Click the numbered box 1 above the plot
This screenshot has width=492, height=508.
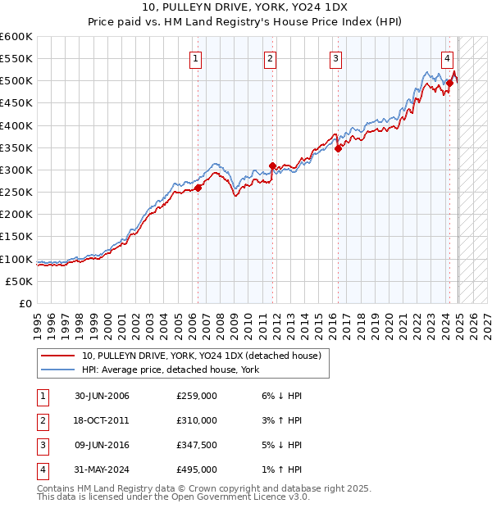coord(197,58)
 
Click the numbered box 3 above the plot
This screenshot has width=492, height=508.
coord(336,58)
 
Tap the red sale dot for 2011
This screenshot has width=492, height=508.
coord(272,166)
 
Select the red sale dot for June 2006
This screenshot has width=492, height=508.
coord(198,188)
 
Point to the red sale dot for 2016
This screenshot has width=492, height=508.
coord(338,148)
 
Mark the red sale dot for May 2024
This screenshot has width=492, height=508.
coord(449,83)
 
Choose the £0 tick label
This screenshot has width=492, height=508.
coord(25,303)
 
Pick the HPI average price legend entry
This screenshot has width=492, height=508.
coord(171,370)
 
